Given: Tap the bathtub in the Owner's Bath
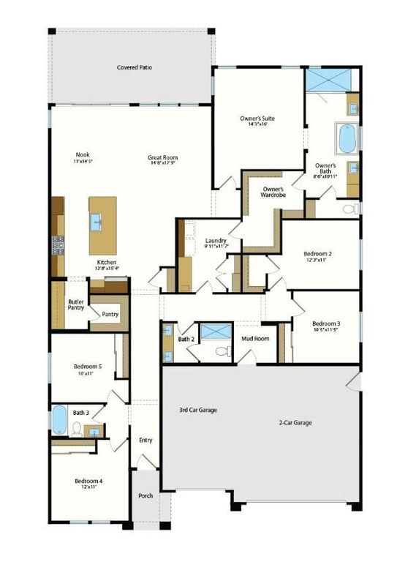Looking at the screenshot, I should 345,138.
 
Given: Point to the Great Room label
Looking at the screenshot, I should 162,157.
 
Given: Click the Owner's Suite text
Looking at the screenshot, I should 257,118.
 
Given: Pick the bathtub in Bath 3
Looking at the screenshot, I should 58,421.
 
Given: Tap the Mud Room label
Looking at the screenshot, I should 255,339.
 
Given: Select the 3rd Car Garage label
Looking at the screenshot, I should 198,410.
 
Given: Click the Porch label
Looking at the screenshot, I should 145,495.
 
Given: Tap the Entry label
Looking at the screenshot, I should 145,440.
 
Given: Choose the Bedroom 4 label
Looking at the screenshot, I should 88,481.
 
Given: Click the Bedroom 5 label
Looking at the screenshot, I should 88,367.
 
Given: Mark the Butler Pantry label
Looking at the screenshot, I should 76,304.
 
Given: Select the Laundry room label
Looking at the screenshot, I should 216,241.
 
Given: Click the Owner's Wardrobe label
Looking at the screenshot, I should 273,192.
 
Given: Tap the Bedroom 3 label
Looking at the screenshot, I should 326,323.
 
